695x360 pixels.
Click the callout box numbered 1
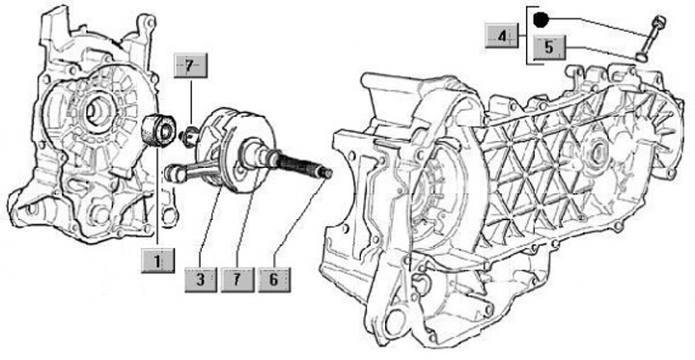(x=157, y=261)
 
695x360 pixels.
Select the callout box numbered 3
(x=201, y=280)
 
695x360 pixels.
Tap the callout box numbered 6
(x=274, y=280)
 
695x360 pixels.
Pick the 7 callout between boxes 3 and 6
(x=237, y=280)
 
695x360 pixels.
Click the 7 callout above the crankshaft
(x=190, y=66)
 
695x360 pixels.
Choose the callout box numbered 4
(x=501, y=36)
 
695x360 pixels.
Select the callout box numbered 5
(x=549, y=47)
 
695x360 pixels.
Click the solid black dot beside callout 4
(x=541, y=20)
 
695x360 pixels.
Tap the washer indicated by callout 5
(x=641, y=57)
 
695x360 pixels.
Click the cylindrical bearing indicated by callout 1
(x=158, y=129)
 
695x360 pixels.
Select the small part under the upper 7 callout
(x=190, y=135)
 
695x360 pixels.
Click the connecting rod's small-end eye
(x=174, y=173)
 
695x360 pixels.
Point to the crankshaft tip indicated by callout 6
(x=327, y=172)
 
